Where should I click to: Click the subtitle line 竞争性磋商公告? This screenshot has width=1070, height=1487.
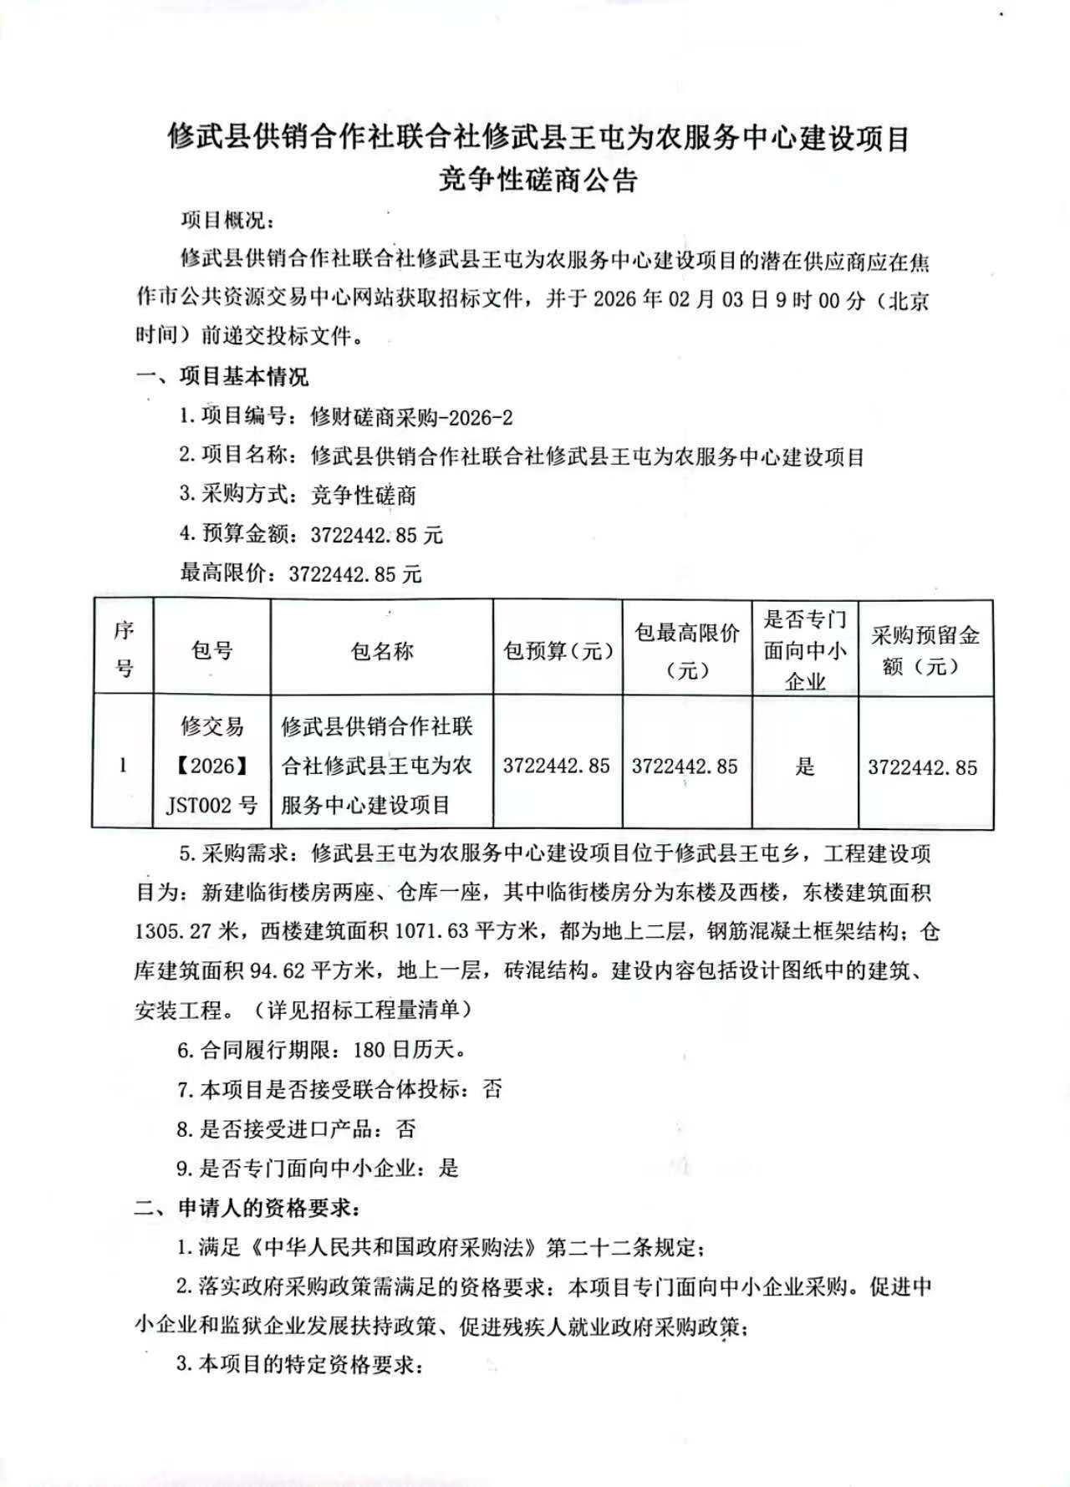(538, 180)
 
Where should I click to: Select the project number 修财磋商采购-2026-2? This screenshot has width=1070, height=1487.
(411, 417)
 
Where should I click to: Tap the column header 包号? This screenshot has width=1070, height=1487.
(211, 649)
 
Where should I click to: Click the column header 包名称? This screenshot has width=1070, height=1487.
(382, 650)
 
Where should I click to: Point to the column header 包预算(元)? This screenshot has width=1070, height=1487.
(558, 650)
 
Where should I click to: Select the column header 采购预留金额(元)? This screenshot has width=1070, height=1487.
(925, 650)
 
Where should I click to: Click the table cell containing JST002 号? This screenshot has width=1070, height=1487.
(211, 805)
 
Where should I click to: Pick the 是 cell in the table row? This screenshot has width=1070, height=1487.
(804, 766)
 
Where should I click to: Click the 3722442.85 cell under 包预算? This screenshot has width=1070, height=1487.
(556, 766)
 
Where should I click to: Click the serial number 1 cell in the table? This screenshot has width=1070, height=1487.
(123, 765)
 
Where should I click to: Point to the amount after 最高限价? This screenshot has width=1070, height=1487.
(355, 574)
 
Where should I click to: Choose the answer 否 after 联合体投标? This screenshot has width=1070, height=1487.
(492, 1089)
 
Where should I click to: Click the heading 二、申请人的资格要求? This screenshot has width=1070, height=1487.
(248, 1209)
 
